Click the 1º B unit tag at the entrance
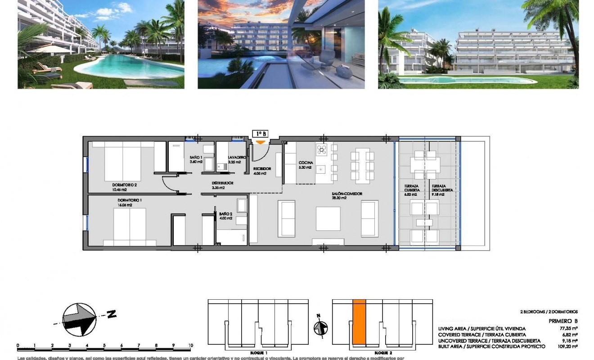[260, 134]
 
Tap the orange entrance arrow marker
[261, 143]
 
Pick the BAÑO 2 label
[225, 216]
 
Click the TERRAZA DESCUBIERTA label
[442, 188]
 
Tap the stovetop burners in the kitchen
[321, 150]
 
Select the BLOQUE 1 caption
[258, 353]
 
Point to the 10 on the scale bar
[190, 346]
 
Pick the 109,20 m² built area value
[569, 346]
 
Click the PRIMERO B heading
[563, 321]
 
